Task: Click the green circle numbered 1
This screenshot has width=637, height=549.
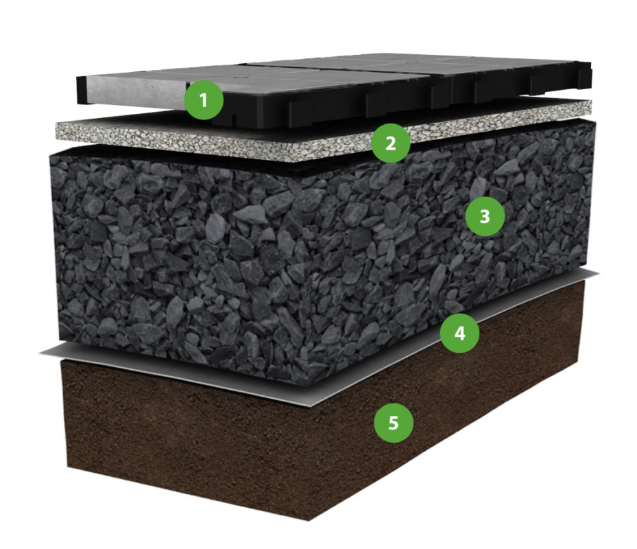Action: (x=204, y=100)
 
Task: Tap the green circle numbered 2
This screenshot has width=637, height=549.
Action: (x=390, y=143)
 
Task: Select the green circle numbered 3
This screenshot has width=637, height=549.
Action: (x=485, y=216)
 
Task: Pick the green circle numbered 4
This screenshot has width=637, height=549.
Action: (x=459, y=333)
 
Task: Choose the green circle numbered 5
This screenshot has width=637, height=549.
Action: (x=394, y=423)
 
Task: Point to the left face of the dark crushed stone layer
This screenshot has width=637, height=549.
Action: (x=183, y=260)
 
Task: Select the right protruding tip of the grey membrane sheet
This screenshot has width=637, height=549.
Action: (x=597, y=274)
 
